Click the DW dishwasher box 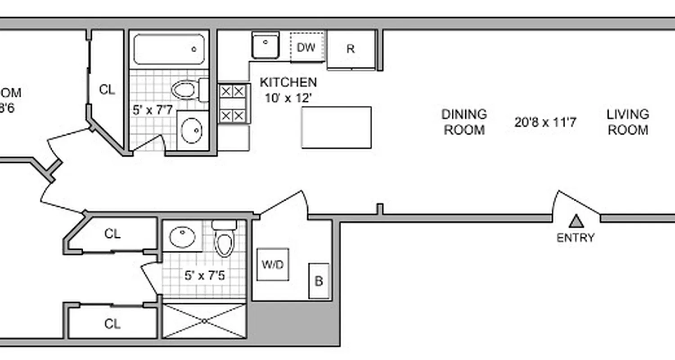click(306, 47)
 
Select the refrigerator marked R click(351, 49)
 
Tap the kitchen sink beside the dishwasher click(265, 45)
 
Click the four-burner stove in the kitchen click(233, 103)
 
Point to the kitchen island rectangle click(336, 127)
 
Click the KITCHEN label click(288, 82)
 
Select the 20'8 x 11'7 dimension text click(545, 122)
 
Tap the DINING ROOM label click(464, 122)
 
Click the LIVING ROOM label click(628, 122)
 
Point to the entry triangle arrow click(576, 221)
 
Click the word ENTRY click(576, 238)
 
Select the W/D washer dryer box click(273, 264)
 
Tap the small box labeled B click(319, 281)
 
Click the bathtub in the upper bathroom click(169, 49)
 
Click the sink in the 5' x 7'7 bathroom click(192, 130)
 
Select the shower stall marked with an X click(204, 321)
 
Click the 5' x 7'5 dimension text click(204, 275)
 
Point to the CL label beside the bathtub click(107, 90)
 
